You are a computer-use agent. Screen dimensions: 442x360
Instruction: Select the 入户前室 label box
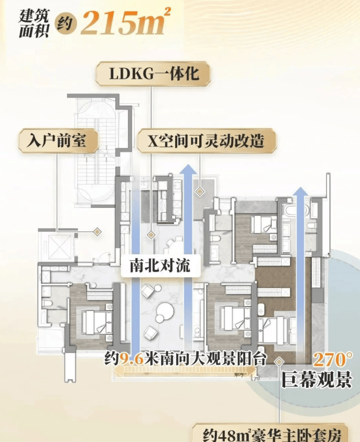pos(59,141)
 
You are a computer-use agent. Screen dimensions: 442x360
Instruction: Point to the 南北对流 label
pos(155,266)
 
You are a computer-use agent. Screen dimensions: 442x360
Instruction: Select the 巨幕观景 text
pos(317,379)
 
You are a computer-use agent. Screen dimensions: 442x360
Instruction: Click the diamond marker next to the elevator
pos(97,231)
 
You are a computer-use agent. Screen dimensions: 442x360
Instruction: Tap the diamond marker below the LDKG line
pos(151,234)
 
